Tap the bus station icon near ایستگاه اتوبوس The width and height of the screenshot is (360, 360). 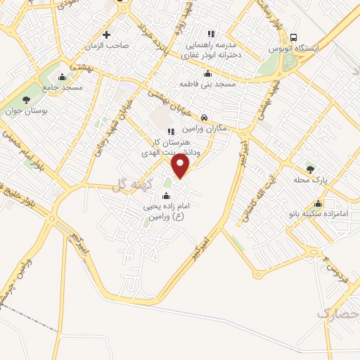pos(293,37)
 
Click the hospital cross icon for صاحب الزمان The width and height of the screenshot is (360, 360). pos(106,34)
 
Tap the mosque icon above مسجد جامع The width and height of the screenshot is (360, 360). pos(63,77)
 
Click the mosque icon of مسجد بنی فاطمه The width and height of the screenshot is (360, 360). pos(207,73)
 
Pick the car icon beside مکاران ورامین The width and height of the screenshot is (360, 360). pos(204,117)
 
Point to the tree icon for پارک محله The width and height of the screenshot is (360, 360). pos(310,168)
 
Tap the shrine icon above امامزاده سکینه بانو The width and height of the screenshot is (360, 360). pos(319,203)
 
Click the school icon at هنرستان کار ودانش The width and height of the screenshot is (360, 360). pos(169,131)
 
